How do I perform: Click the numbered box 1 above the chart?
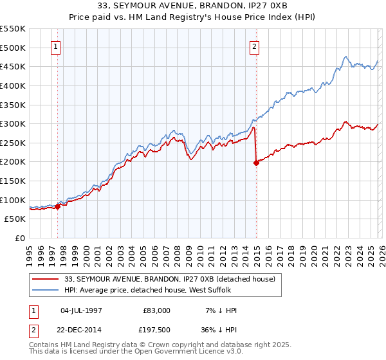[x=57, y=46]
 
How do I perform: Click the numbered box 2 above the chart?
[x=255, y=46]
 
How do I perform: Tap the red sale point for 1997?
[x=57, y=206]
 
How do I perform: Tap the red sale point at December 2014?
[x=256, y=163]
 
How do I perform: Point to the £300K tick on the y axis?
[x=13, y=123]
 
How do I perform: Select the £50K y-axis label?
[x=15, y=219]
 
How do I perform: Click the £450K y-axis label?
[x=13, y=66]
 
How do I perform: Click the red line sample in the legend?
[x=46, y=279]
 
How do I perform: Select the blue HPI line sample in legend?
[x=46, y=291]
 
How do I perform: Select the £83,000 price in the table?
[x=156, y=310]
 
